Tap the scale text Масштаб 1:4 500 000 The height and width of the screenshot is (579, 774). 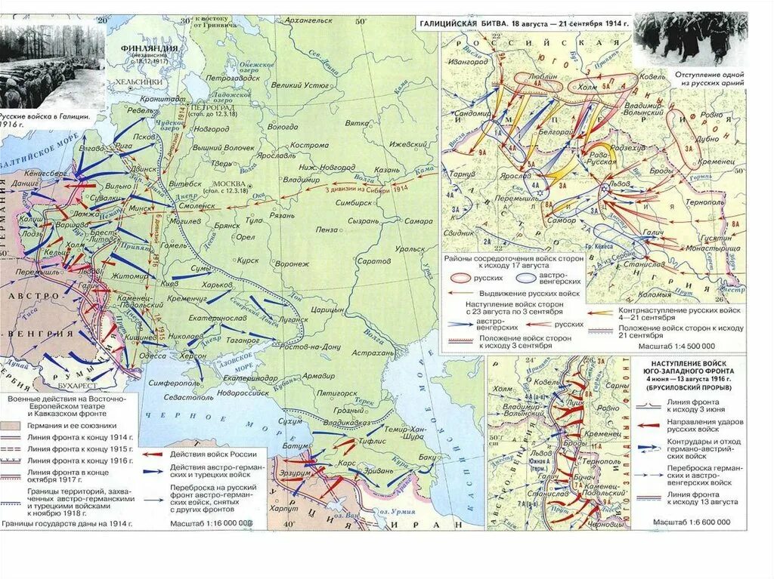coord(692,346)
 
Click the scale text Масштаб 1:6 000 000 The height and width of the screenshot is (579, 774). coord(692,521)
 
